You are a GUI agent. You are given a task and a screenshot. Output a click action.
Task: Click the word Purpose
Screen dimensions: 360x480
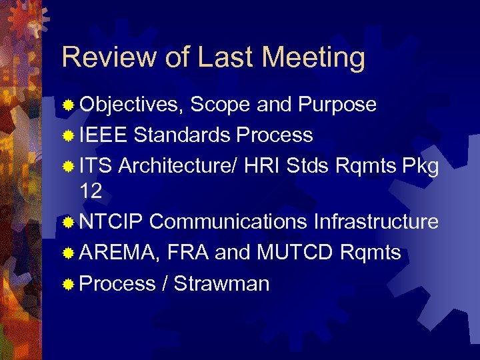[x=337, y=105]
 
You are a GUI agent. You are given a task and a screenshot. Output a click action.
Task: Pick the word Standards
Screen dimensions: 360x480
[x=182, y=135]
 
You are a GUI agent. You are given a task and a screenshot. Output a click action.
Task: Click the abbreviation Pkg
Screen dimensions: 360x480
[x=421, y=166]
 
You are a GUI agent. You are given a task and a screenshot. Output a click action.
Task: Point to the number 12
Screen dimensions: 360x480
[x=91, y=192]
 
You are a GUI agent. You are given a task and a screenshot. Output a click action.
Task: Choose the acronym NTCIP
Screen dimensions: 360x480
[x=111, y=222]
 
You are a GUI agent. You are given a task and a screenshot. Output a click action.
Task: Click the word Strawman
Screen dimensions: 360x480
[x=222, y=284]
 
